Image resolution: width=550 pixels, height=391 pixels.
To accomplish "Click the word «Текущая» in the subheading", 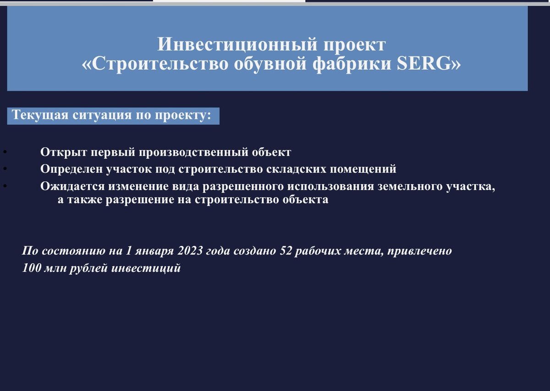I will tap(40, 115).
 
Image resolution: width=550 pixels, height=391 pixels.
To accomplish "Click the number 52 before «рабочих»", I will tap(286, 251).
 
